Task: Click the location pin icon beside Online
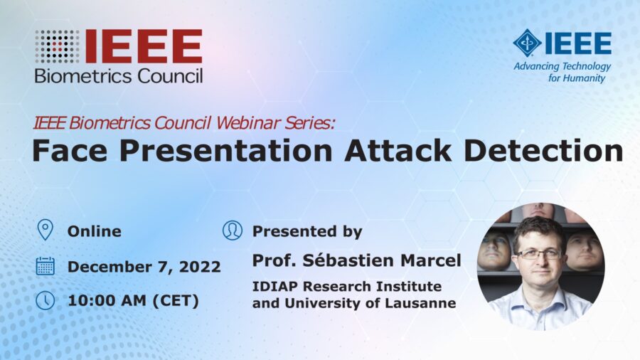45,231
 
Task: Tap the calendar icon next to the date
45,266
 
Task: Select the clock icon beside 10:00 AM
45,300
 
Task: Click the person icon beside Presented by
232,231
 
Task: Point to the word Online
94,231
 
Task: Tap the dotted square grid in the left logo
58,46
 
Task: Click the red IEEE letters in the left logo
143,46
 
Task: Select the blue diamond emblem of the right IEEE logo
527,43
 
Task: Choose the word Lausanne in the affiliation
422,303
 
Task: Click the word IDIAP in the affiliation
273,286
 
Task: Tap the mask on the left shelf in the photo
494,250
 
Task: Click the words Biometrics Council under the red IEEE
119,75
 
